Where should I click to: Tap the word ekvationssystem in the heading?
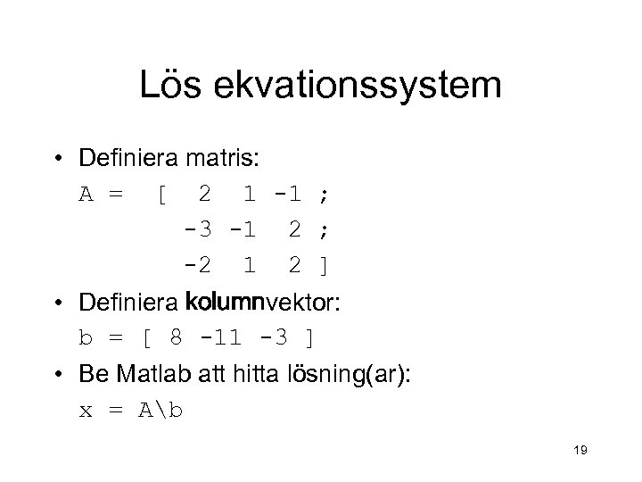point(357,87)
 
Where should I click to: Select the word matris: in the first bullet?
point(223,159)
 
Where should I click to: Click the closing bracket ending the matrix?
point(324,266)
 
